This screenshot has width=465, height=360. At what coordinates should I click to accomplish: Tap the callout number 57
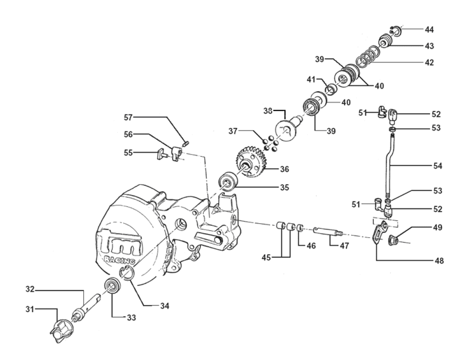(128, 117)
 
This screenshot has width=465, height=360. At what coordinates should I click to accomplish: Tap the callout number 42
(429, 62)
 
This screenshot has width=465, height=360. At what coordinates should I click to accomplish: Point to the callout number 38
(268, 111)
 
